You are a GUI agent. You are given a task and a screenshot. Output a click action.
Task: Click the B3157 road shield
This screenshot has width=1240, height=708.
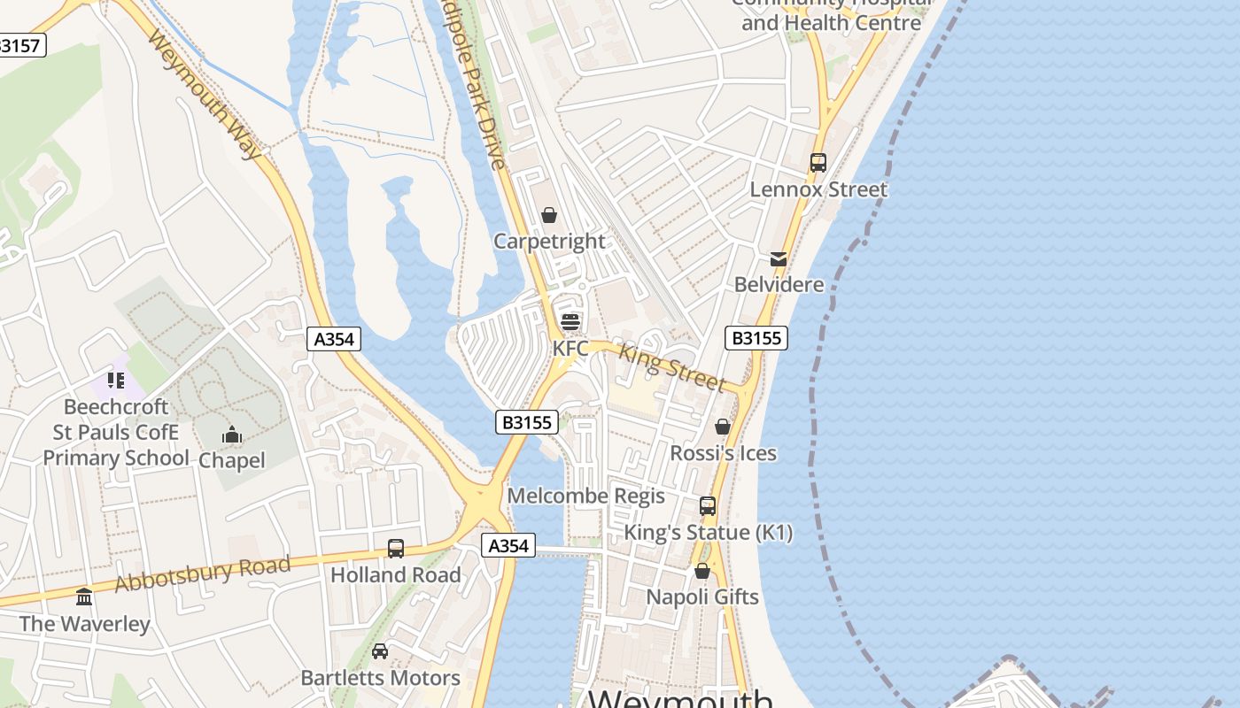[x=20, y=45]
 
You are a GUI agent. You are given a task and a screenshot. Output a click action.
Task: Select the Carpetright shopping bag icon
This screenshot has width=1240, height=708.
[x=549, y=215]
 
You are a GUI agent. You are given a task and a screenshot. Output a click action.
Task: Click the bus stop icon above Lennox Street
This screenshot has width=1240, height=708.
[x=818, y=163]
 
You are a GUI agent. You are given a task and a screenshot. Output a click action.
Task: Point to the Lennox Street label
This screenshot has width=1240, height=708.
[x=818, y=189]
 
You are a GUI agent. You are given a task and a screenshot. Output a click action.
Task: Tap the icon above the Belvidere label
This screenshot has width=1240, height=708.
[x=778, y=258]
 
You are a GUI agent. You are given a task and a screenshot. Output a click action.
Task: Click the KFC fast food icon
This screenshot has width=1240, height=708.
[x=570, y=321]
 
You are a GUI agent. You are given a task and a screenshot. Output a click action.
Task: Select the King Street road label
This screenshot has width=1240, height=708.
[x=671, y=366]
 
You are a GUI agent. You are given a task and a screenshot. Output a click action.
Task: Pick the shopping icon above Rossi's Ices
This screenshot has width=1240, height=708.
[x=723, y=427]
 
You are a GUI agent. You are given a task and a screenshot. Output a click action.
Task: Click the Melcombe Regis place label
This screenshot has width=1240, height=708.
[x=585, y=496]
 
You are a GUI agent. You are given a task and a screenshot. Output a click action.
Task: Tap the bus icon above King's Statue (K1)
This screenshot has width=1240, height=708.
[x=708, y=506]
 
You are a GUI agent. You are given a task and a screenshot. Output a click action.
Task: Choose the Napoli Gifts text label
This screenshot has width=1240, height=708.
[x=701, y=596]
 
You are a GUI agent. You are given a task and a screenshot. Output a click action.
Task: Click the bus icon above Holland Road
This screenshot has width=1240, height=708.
[x=396, y=549]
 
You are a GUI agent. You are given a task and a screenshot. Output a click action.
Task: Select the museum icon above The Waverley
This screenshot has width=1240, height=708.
[x=84, y=596]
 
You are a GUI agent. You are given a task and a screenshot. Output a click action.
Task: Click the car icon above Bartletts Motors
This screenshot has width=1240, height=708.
[x=380, y=651]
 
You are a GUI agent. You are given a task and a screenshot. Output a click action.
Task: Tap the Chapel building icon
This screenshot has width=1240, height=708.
[x=232, y=435]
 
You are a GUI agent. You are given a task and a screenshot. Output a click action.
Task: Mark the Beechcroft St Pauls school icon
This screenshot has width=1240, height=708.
[x=115, y=381]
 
